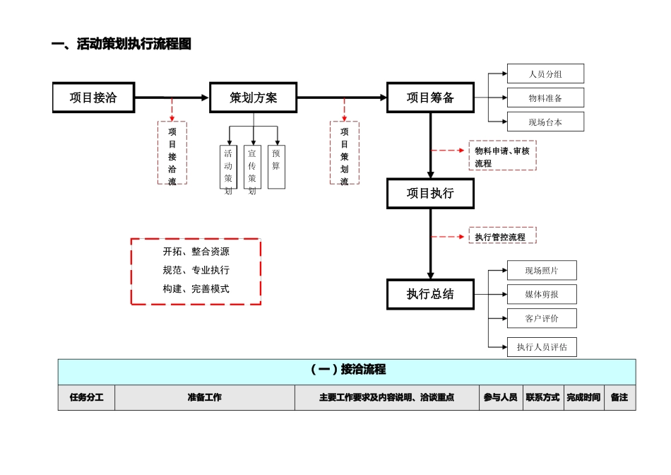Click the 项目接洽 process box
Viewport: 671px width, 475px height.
coord(93,98)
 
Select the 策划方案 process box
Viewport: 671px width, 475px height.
coord(253,98)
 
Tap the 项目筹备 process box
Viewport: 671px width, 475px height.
coord(430,98)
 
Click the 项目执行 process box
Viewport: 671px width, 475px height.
coord(430,193)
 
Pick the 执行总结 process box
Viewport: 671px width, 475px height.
coord(430,294)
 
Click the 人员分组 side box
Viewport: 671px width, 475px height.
coord(545,74)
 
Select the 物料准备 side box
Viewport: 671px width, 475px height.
coord(545,98)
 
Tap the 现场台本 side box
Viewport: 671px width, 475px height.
coord(545,122)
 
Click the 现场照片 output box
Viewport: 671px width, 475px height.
coord(542,270)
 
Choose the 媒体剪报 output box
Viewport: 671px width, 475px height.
coord(542,294)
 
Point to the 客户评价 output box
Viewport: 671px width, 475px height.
coord(542,318)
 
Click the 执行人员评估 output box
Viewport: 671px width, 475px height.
coord(542,346)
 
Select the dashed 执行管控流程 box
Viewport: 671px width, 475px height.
coord(502,236)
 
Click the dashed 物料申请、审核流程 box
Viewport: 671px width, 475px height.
coord(502,156)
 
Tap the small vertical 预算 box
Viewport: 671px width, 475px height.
coord(276,167)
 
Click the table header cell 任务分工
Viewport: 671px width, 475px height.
coord(86,397)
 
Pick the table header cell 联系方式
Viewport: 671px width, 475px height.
coord(542,397)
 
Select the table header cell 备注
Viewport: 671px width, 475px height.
coord(619,397)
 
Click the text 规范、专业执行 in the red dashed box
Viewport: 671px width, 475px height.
coord(196,270)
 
